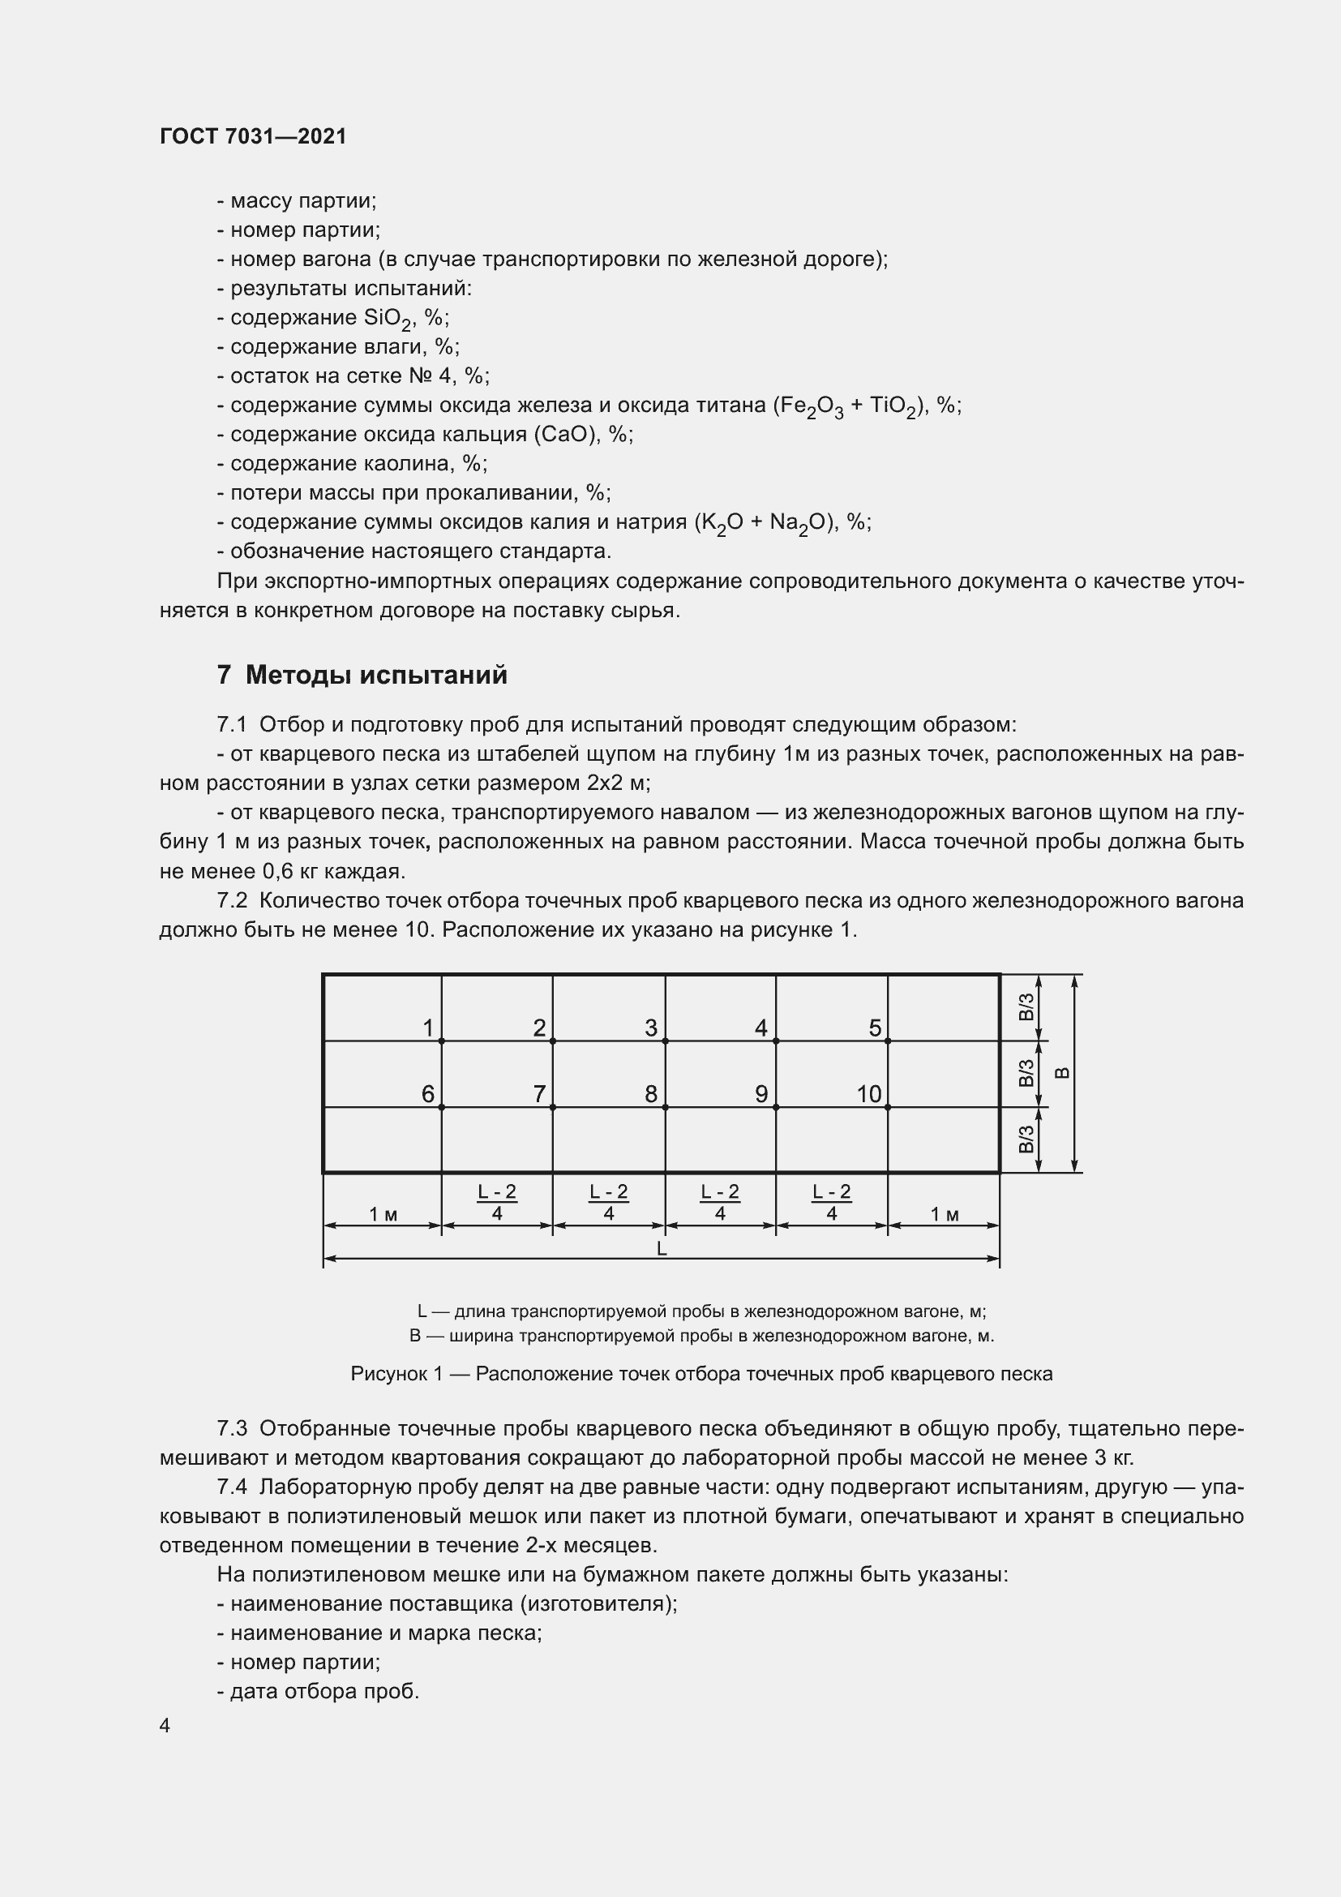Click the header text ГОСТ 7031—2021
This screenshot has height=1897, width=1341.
pos(253,136)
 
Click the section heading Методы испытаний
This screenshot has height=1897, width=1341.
pos(375,675)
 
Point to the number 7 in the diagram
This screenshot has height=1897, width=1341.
pos(539,1094)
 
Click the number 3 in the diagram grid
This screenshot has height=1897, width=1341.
pos(651,1028)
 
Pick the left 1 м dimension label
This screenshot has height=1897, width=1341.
pos(383,1214)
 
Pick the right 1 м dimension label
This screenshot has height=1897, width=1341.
pos(945,1214)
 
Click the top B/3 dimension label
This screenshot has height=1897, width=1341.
pos(1026,1007)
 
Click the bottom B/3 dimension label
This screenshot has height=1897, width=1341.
pos(1026,1139)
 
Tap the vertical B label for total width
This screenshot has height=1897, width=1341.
pos(1063,1073)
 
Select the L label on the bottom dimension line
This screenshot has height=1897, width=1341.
pos(662,1249)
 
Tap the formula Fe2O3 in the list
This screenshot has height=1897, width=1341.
pos(808,406)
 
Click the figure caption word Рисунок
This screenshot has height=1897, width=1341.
pos(389,1374)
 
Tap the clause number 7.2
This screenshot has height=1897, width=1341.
pos(232,900)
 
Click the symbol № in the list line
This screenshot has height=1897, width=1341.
pos(419,376)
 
